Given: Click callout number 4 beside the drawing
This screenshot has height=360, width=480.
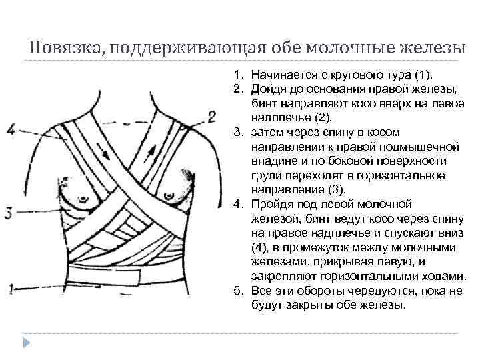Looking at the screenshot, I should tap(10, 130).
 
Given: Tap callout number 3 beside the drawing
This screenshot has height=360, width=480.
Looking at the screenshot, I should tap(9, 213).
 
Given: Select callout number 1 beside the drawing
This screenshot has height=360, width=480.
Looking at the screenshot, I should tap(9, 289).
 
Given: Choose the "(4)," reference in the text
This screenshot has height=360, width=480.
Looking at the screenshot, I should tap(261, 248).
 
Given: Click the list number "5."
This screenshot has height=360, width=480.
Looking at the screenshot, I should tap(237, 291).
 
